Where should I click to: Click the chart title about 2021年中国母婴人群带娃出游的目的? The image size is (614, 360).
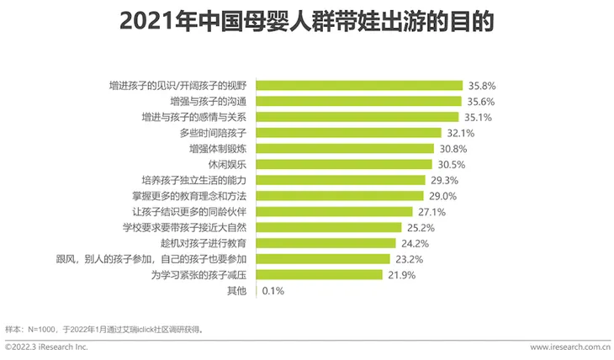pos(306,21)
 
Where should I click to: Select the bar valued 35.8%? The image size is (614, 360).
pos(359,85)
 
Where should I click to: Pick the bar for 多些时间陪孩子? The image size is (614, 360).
pos(348,133)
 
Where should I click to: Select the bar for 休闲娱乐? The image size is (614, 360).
pos(344,164)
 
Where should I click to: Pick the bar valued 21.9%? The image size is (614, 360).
pos(319,275)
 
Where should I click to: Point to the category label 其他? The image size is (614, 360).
pos(237,291)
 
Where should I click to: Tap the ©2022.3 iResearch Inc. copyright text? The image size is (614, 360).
pos(46,347)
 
